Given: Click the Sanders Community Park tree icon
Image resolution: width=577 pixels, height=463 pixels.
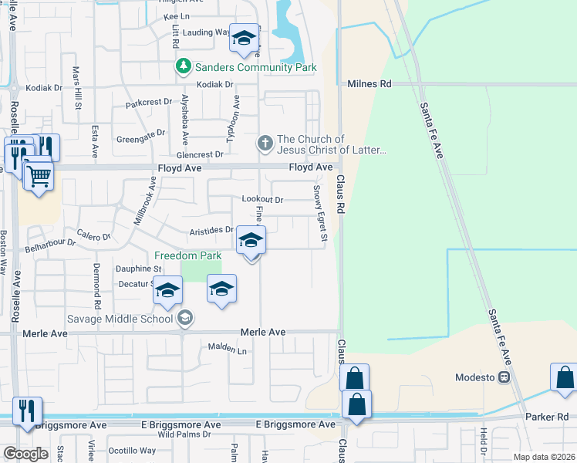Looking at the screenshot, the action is (x=184, y=67).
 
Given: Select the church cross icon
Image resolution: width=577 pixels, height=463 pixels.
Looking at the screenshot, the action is (x=265, y=143).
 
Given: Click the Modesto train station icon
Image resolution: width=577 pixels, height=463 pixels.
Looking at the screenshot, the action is (x=504, y=377).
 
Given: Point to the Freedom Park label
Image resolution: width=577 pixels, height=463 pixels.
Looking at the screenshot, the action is (x=187, y=255).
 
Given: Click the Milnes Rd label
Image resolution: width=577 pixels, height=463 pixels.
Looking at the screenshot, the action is (x=369, y=83).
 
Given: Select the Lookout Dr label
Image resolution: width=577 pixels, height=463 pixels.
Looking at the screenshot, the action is (x=262, y=199).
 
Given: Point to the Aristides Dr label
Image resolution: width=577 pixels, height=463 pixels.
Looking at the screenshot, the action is (x=211, y=230).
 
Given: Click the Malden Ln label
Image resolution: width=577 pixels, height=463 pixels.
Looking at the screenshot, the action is (x=227, y=350).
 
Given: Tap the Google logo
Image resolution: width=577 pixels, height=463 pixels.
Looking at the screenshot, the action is (x=25, y=454).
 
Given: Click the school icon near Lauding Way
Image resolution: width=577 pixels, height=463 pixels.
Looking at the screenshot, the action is (x=245, y=39).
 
